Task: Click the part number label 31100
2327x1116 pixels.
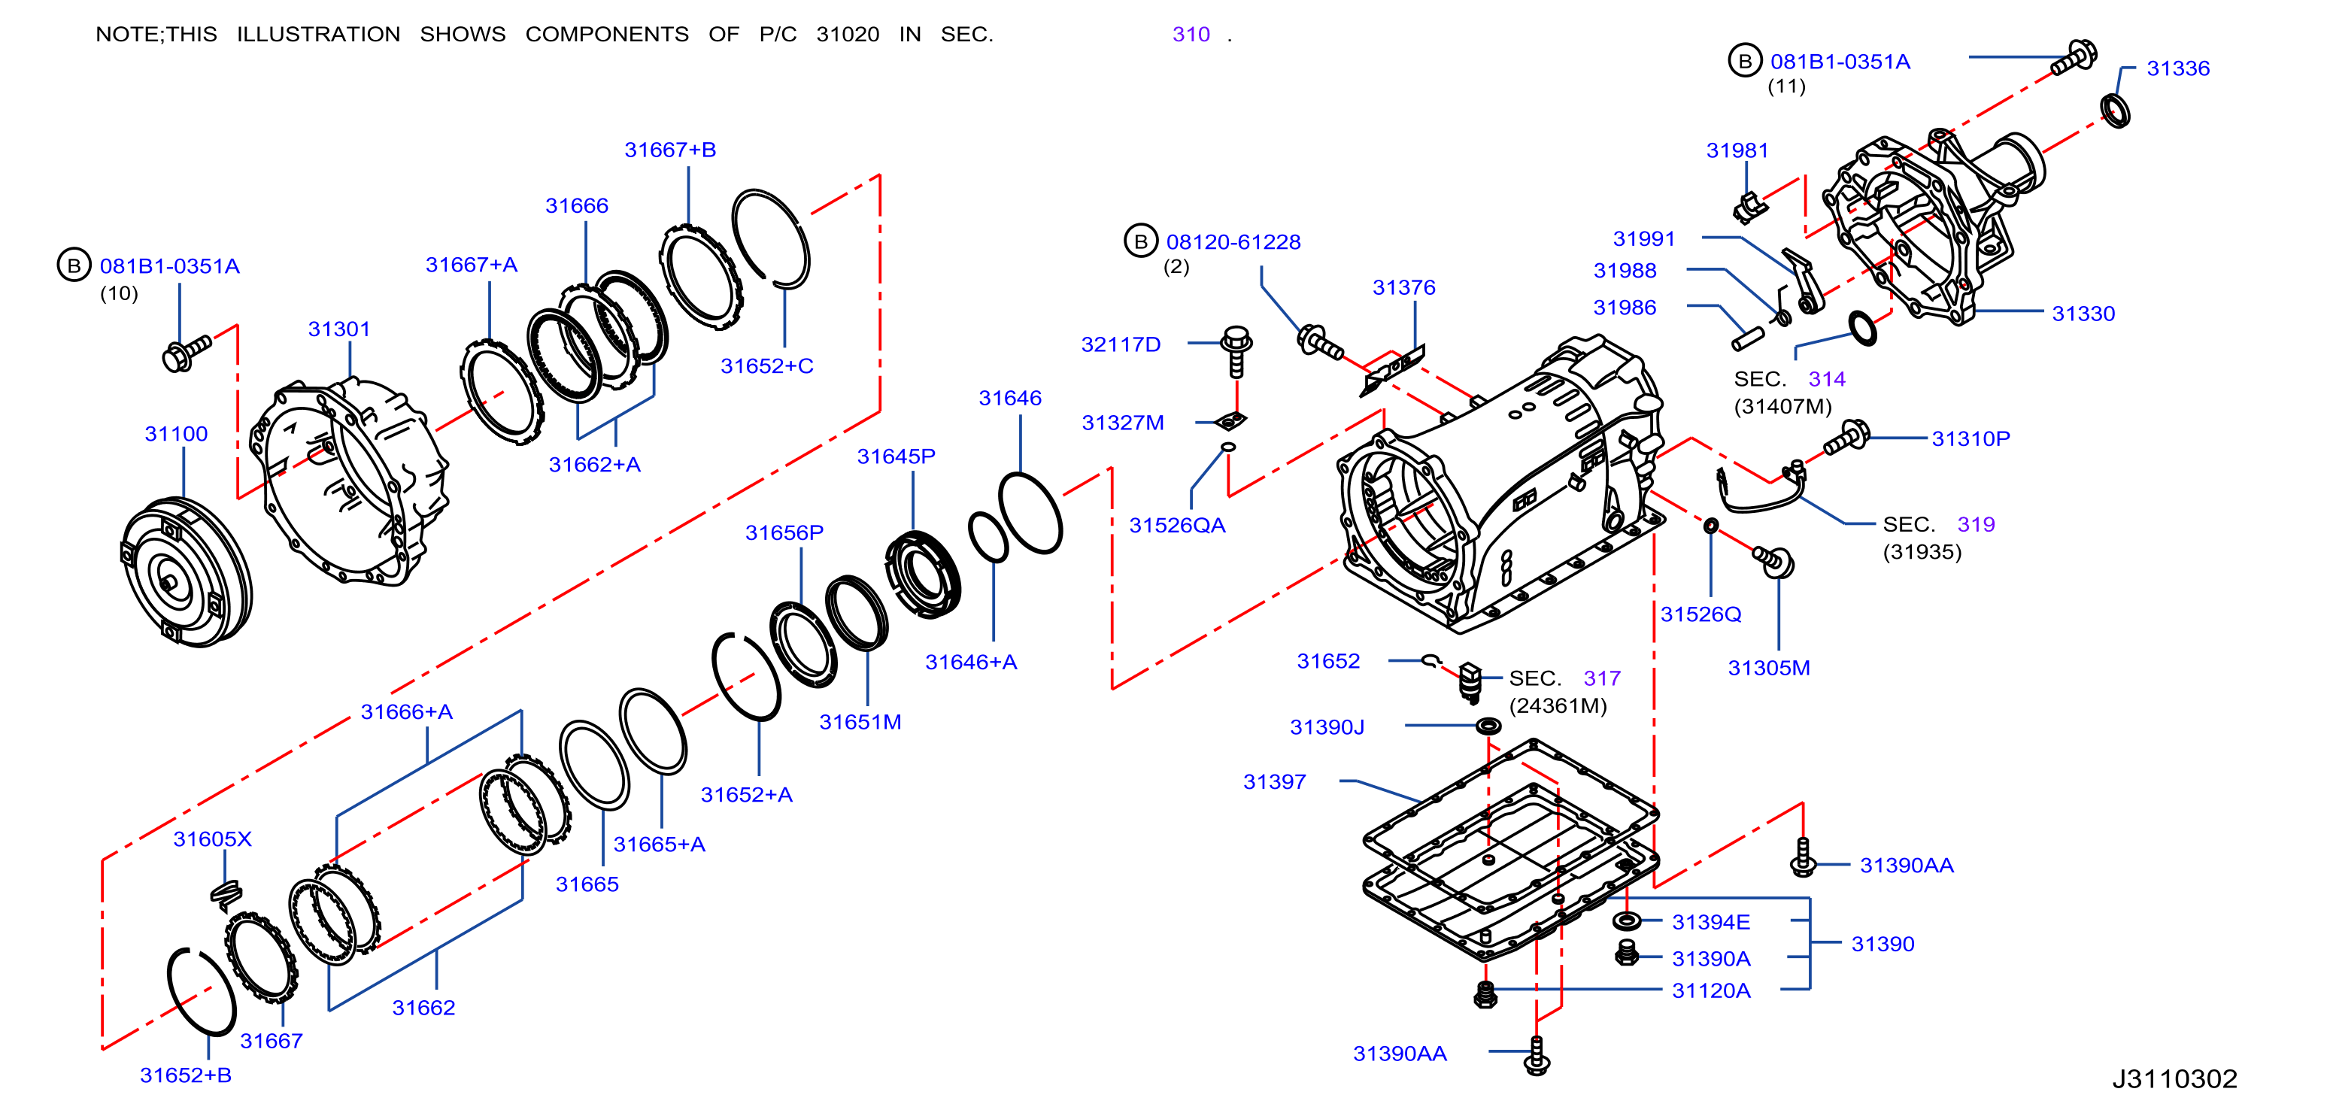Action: click(x=176, y=435)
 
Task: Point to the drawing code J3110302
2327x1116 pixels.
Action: click(x=2174, y=1079)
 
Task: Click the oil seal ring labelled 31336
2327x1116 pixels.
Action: click(x=2115, y=110)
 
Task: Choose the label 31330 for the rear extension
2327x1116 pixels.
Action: click(x=2083, y=314)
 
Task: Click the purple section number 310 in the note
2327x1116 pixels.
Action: click(x=1191, y=35)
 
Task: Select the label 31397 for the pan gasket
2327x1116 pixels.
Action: click(x=1274, y=782)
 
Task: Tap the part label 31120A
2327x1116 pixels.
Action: click(x=1711, y=991)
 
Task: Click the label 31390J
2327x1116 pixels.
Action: click(x=1326, y=728)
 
